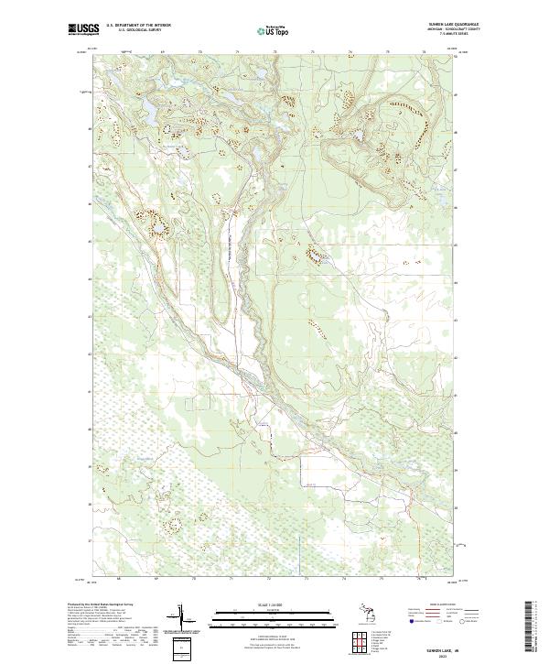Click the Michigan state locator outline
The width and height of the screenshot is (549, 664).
[x=363, y=612]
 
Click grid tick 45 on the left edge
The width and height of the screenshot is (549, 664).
[x=89, y=242]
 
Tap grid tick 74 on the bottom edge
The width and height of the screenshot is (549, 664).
[x=344, y=580]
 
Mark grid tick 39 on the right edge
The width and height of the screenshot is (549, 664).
[x=459, y=466]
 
